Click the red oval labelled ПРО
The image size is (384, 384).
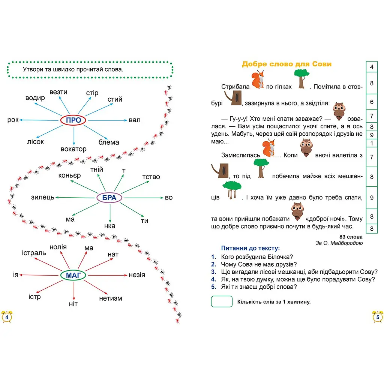(73, 120)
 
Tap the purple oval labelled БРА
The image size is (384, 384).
(109, 198)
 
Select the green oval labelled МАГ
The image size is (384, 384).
(73, 275)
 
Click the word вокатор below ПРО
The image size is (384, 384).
(73, 149)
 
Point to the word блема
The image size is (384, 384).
(109, 142)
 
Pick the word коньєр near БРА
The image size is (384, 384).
(69, 175)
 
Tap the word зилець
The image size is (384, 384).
(43, 197)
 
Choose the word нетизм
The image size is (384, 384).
(111, 298)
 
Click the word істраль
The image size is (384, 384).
(34, 253)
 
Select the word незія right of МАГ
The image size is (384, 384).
(137, 275)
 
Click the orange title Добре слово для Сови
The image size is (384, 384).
(287, 64)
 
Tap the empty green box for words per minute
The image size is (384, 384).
(222, 301)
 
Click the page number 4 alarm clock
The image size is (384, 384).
(7, 317)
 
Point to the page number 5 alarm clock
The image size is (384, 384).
(378, 317)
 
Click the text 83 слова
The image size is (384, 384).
(351, 237)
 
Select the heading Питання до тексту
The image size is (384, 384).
(250, 248)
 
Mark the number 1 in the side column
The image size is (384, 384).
(372, 143)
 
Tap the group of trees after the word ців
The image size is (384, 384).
(232, 190)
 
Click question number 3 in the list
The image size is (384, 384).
(214, 272)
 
